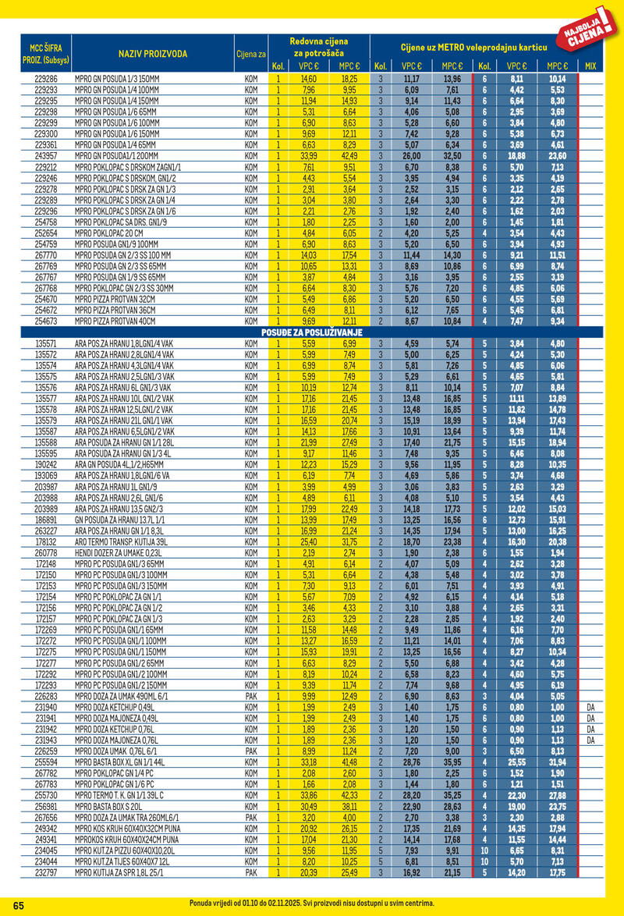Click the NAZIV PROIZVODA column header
[x=153, y=54]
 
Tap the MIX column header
[x=590, y=66]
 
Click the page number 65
[x=19, y=904]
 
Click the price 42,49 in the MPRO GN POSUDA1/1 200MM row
[x=349, y=155]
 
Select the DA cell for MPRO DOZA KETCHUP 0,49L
[x=590, y=707]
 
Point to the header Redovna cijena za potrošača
[x=318, y=46]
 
